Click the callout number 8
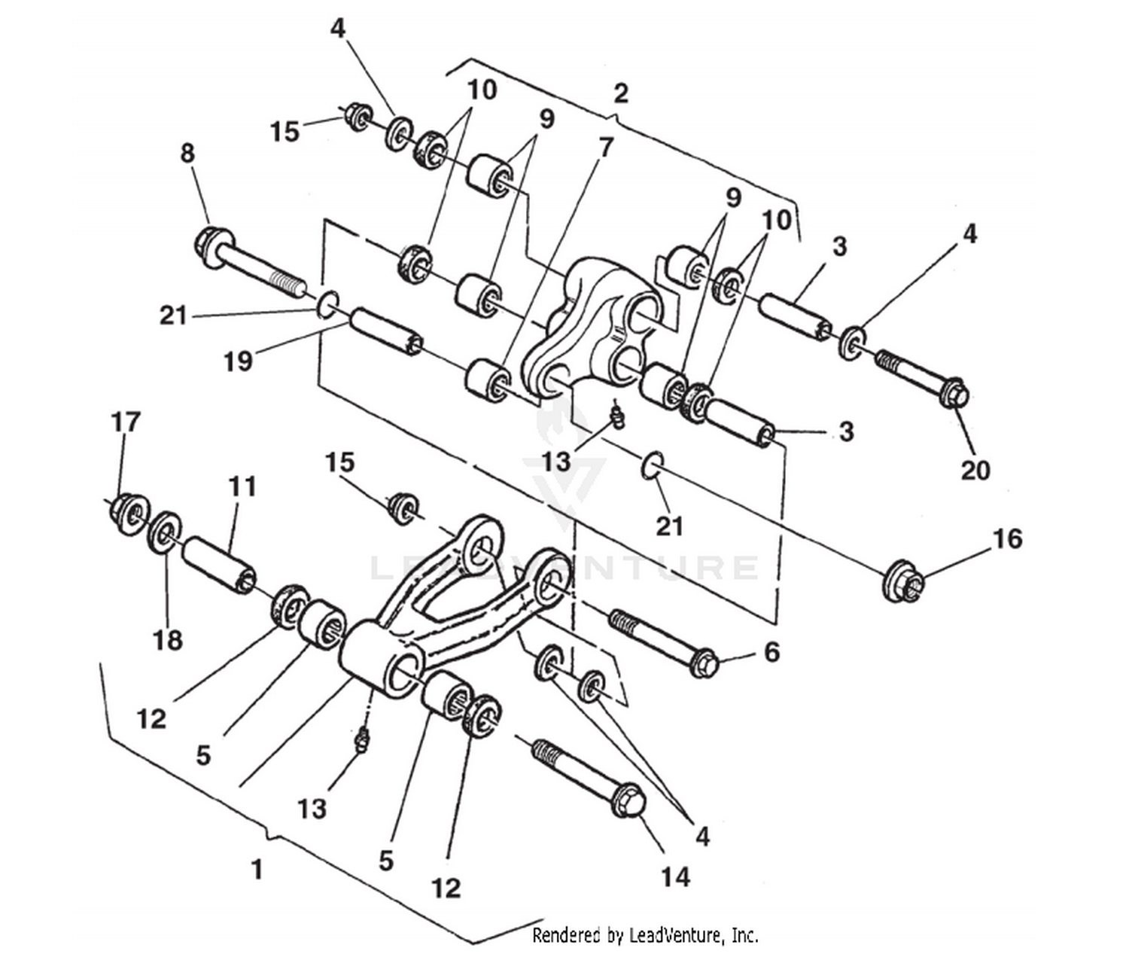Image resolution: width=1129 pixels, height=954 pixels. pyautogui.click(x=187, y=154)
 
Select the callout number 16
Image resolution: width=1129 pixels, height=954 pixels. pyautogui.click(x=1007, y=539)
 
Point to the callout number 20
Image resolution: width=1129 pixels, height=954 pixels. pyautogui.click(x=975, y=470)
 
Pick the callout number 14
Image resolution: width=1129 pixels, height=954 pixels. pyautogui.click(x=675, y=876)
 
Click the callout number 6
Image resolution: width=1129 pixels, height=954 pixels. pyautogui.click(x=771, y=652)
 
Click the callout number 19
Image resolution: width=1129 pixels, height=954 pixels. pyautogui.click(x=238, y=362)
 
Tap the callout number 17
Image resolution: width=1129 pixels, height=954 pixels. pyautogui.click(x=126, y=422)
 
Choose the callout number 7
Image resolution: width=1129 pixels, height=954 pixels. pyautogui.click(x=606, y=148)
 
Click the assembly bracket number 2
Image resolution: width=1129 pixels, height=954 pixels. pyautogui.click(x=620, y=94)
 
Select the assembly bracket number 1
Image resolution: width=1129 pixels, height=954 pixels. pyautogui.click(x=257, y=870)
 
